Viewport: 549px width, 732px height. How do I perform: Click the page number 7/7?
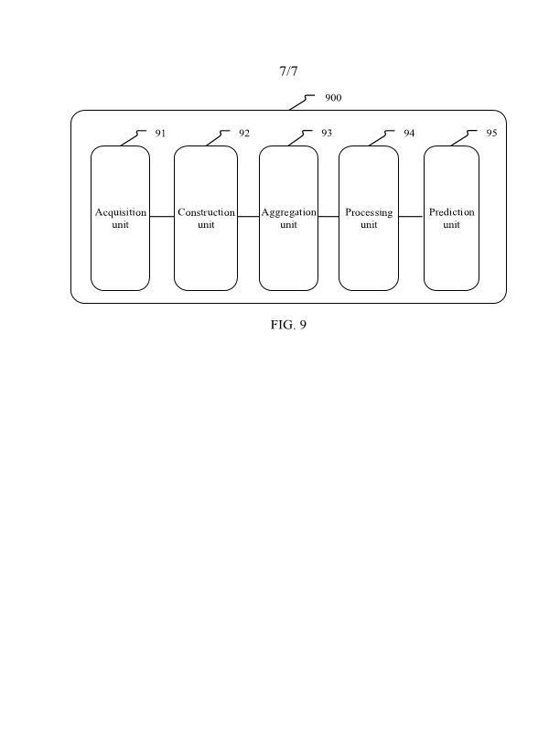289,71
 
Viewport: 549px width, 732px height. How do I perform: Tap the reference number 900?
333,98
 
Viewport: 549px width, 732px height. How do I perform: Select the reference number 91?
160,134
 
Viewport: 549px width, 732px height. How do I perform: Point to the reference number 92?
244,134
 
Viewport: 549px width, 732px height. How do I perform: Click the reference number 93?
327,134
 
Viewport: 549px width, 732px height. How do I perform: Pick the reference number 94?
409,134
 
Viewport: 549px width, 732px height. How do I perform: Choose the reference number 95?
492,134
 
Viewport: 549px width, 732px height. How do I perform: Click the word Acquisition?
121,212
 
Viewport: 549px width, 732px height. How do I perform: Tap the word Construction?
206,212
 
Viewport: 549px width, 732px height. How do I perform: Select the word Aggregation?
288,212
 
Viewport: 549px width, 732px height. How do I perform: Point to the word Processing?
369,212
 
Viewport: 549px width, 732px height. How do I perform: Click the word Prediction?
452,212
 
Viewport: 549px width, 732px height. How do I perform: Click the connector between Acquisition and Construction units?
162,217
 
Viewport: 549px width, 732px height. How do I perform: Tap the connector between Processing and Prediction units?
411,217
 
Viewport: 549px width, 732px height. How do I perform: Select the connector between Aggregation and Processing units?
328,217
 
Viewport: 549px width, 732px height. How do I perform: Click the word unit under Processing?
369,225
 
